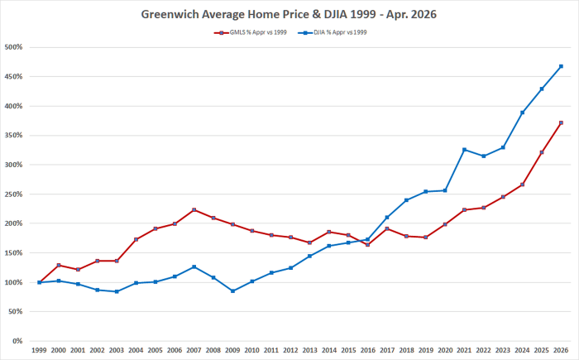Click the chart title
289,14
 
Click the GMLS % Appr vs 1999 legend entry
251,32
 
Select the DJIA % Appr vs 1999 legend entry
333,32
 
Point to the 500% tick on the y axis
14,47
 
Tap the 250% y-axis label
14,194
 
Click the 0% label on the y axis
17,341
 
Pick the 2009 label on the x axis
232,350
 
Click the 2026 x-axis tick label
561,350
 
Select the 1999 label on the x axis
39,350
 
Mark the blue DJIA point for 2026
561,66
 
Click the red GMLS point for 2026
561,122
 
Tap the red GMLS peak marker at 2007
194,210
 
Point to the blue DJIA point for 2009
232,291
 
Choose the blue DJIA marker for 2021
465,150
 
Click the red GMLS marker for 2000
59,265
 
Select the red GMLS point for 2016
367,245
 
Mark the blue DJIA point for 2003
117,291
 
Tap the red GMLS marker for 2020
445,224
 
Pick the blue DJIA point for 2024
523,113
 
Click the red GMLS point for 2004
136,239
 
